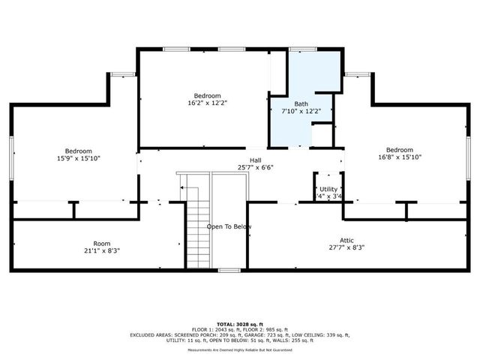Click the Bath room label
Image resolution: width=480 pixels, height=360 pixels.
tap(301, 103)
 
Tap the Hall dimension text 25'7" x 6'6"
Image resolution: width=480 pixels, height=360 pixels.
tap(255, 167)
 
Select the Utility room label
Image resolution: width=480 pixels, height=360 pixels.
tap(328, 189)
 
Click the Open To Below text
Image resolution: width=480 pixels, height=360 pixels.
tap(229, 226)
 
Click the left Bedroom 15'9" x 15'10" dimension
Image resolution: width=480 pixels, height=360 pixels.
tap(77, 158)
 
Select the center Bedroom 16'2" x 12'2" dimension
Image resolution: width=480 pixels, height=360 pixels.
tap(207, 103)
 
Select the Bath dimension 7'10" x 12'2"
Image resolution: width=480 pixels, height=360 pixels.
tap(301, 111)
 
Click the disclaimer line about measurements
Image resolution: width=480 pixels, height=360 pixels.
tap(240, 349)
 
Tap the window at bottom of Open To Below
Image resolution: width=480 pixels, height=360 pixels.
tap(228, 270)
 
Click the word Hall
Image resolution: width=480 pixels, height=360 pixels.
tap(255, 160)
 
